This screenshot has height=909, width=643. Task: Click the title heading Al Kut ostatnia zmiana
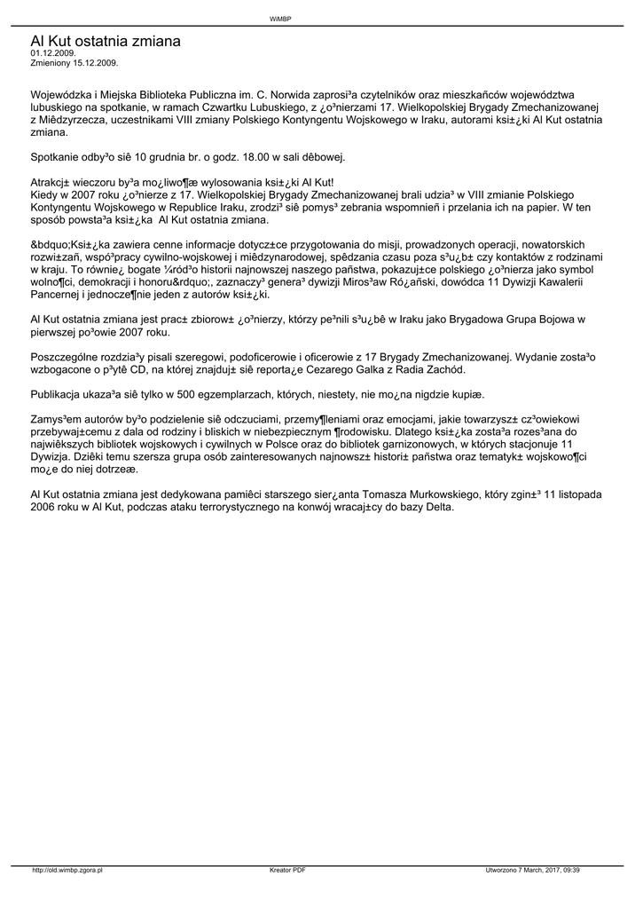coord(106,41)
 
